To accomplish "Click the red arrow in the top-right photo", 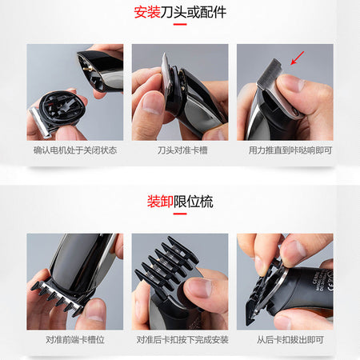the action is click(x=297, y=58).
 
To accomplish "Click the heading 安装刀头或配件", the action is click(x=180, y=12).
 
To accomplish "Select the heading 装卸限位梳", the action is click(x=180, y=202).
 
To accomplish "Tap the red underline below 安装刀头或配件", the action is click(x=180, y=24).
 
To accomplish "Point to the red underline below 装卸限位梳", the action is click(x=180, y=214).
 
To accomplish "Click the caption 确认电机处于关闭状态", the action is click(x=75, y=150).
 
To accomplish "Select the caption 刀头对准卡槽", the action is click(x=182, y=150).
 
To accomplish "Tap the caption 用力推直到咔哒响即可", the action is click(x=290, y=150).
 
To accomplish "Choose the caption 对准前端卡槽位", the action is click(x=75, y=340).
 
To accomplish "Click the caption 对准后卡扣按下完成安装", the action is click(x=182, y=340).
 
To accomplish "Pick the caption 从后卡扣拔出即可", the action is click(x=290, y=340).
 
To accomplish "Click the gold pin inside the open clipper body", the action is click(x=86, y=69).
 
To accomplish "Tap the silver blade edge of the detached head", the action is click(x=40, y=123).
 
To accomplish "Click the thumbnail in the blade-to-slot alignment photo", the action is click(x=152, y=103).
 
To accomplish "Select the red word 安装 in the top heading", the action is click(x=147, y=12).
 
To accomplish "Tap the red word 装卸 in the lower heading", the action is click(x=160, y=202).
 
